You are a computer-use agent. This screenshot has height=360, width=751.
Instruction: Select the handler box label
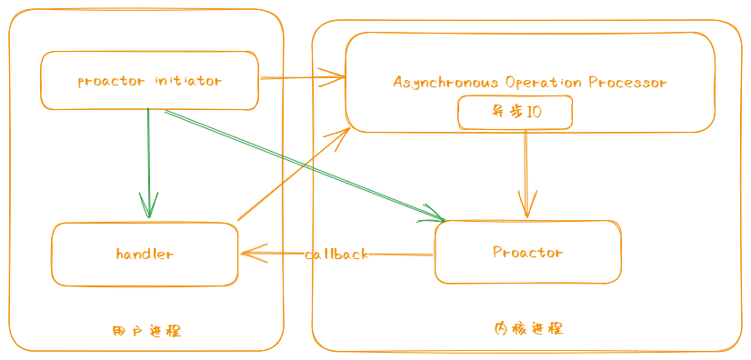[145, 254]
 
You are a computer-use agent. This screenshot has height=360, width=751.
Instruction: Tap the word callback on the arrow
[336, 255]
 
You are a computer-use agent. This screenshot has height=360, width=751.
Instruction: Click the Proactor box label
[527, 252]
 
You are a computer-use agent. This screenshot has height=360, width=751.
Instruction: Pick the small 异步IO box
[516, 113]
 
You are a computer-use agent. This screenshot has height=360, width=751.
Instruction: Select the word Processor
[627, 82]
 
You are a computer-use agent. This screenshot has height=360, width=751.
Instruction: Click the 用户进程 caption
[145, 331]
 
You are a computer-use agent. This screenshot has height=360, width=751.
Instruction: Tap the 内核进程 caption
[528, 328]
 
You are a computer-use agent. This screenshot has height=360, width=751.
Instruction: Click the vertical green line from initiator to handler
[148, 155]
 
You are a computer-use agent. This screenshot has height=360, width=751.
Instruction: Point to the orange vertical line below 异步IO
[526, 164]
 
